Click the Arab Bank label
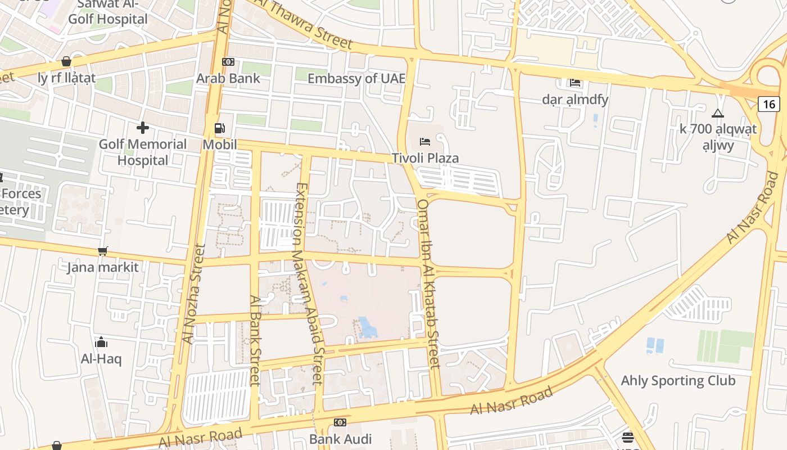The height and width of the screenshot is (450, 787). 228,78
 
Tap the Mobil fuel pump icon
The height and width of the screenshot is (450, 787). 219,129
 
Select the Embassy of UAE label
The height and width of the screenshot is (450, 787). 356,78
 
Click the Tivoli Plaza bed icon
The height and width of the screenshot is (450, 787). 425,141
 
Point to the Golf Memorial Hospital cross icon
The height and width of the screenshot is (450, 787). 143,128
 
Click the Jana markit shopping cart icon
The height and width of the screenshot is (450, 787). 102,251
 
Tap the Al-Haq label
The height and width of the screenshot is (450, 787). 101,359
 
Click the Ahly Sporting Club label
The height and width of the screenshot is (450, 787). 678,381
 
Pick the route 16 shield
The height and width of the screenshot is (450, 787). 770,103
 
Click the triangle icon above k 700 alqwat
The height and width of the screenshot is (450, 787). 717,113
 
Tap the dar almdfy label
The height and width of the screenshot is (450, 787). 575,100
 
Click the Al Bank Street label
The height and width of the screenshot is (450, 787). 255,340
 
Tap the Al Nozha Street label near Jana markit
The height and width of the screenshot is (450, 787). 191,292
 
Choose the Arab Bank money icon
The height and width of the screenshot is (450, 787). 228,62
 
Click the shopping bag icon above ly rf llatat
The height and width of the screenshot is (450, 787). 66,61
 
